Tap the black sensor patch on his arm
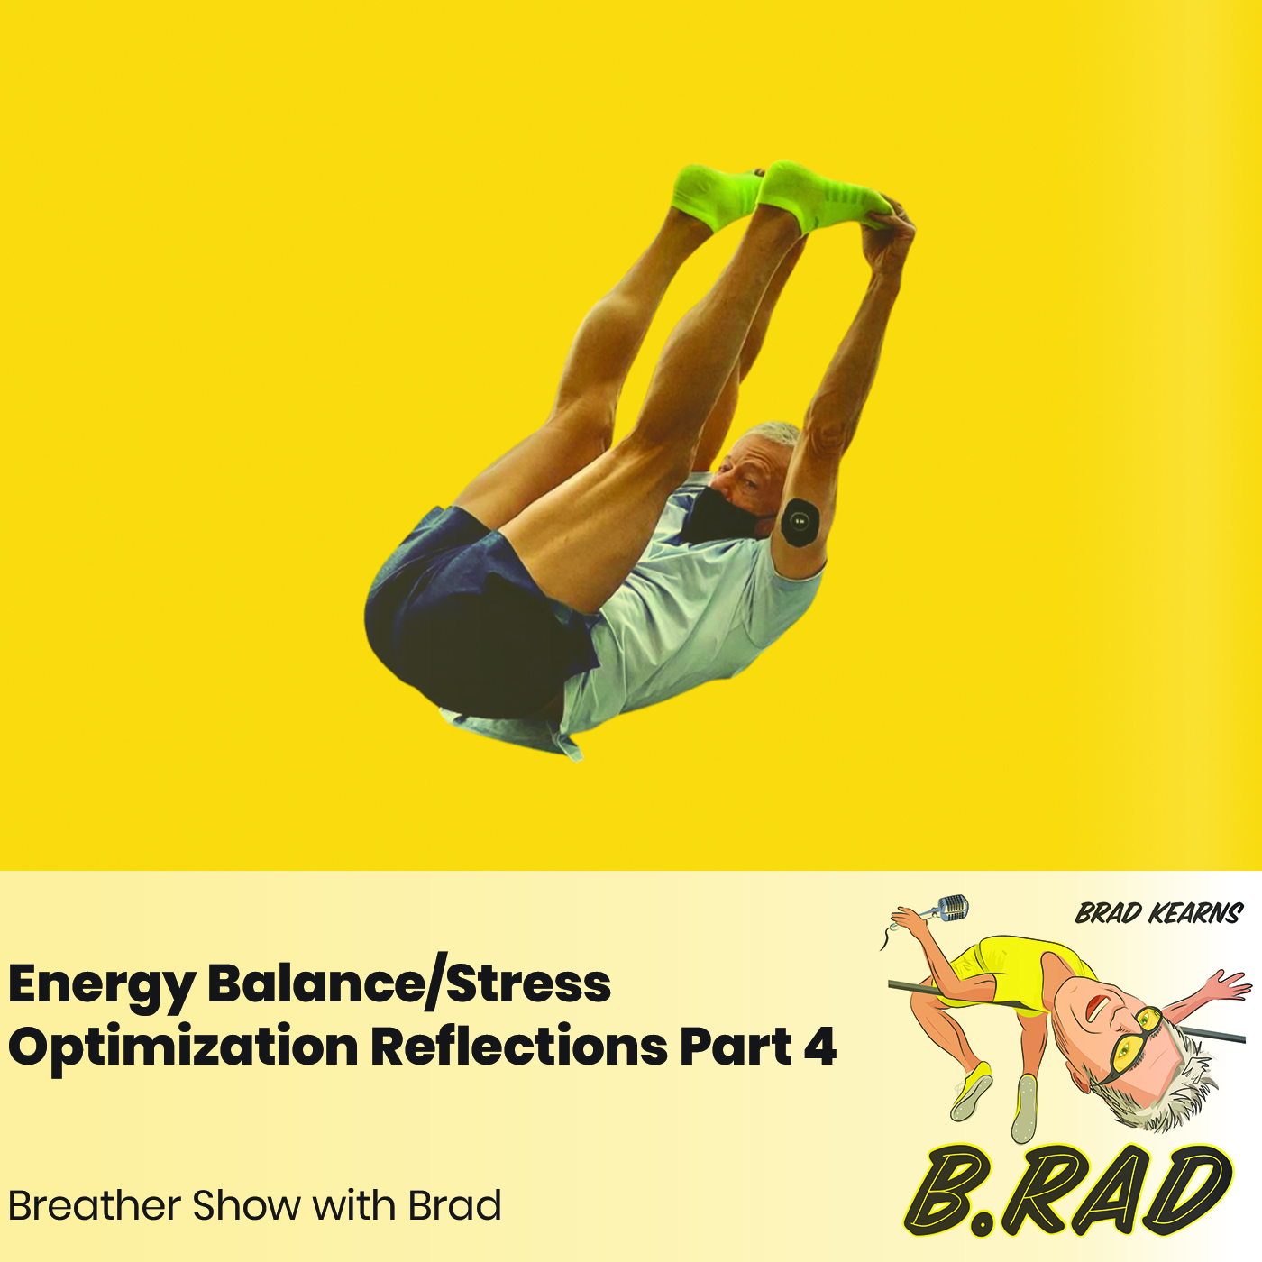(x=799, y=521)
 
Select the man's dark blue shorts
(x=460, y=613)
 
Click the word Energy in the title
(x=101, y=984)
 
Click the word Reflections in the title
(x=517, y=1046)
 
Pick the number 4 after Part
(x=819, y=1046)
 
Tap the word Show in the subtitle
(x=246, y=1205)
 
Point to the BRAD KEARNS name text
(x=1159, y=914)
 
